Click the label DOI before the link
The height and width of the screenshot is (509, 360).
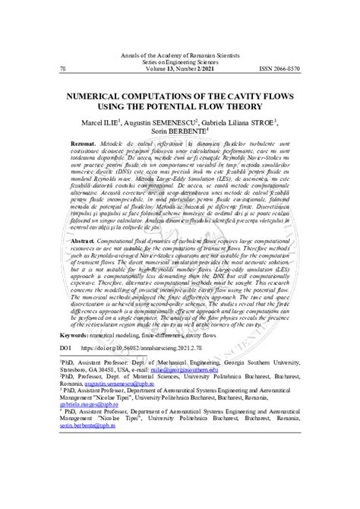(65, 412)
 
